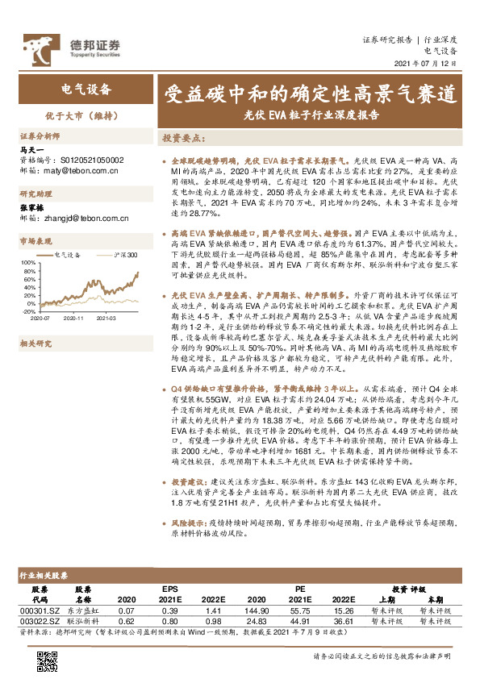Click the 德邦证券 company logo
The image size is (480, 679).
point(71,47)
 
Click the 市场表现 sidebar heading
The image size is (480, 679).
point(35,240)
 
